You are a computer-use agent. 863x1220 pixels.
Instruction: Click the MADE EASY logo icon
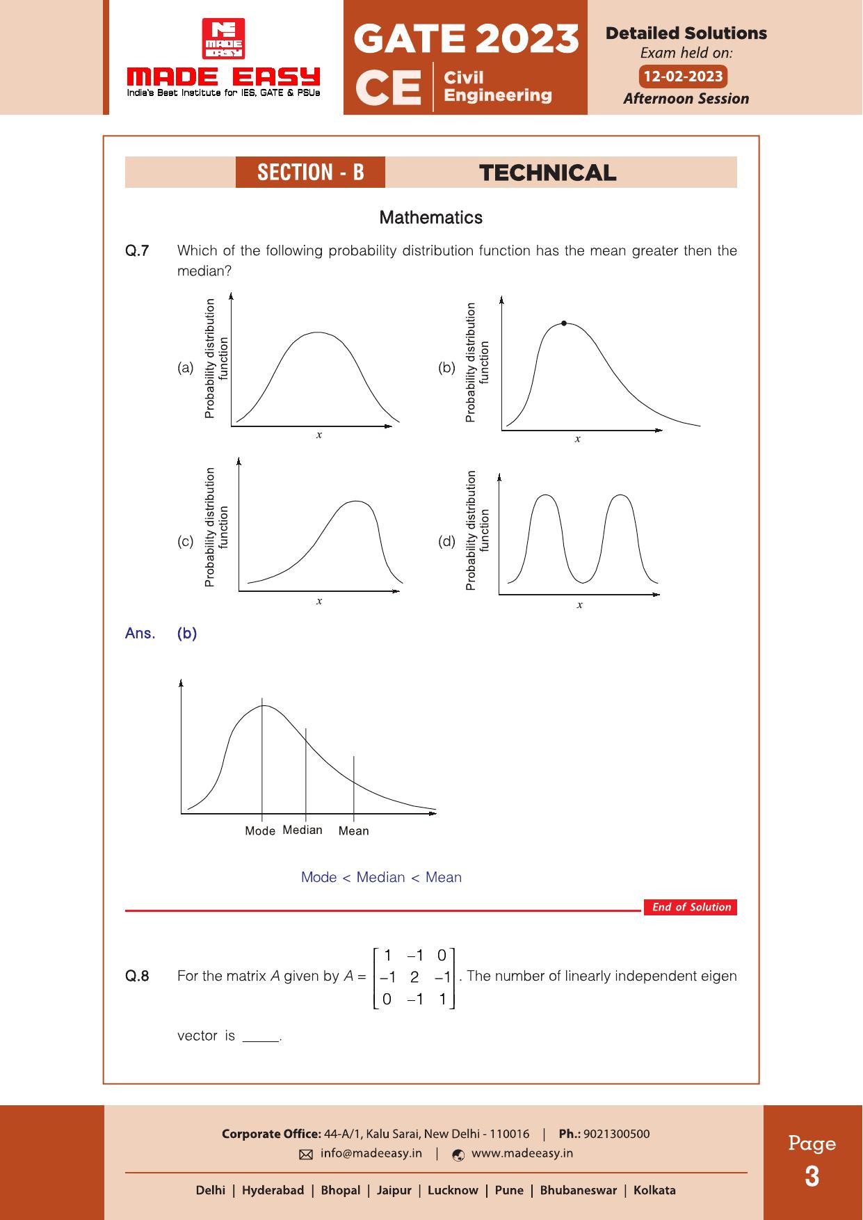pyautogui.click(x=223, y=38)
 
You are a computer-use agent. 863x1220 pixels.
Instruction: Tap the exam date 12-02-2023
pyautogui.click(x=683, y=77)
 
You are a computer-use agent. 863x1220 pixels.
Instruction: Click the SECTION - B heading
pyautogui.click(x=310, y=172)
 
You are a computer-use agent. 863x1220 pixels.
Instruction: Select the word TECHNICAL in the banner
pyautogui.click(x=547, y=173)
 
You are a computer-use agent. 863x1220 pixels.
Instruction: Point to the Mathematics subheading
pyautogui.click(x=430, y=218)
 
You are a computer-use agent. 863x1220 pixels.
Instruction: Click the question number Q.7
pyautogui.click(x=137, y=251)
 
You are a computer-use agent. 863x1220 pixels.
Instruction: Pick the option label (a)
pyautogui.click(x=186, y=368)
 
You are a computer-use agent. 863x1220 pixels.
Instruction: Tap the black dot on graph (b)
pyautogui.click(x=563, y=323)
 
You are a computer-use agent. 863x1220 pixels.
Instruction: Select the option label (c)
pyautogui.click(x=186, y=541)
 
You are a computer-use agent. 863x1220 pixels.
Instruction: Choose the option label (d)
pyautogui.click(x=446, y=541)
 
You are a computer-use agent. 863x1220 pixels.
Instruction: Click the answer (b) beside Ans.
pyautogui.click(x=187, y=634)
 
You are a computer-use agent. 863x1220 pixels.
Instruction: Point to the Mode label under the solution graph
pyautogui.click(x=260, y=831)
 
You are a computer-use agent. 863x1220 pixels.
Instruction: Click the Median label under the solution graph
pyautogui.click(x=303, y=830)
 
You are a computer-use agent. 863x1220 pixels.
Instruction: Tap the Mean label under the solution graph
pyautogui.click(x=353, y=831)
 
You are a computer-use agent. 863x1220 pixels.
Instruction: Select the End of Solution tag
pyautogui.click(x=691, y=907)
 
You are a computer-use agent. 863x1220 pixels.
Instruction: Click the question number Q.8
pyautogui.click(x=137, y=976)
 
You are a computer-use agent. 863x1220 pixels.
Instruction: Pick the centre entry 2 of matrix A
pyautogui.click(x=414, y=977)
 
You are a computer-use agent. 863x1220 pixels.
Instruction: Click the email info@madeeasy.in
pyautogui.click(x=371, y=1153)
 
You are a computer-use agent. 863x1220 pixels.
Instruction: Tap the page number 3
pyautogui.click(x=812, y=1177)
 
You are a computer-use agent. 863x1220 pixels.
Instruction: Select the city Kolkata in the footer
pyautogui.click(x=654, y=1190)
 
